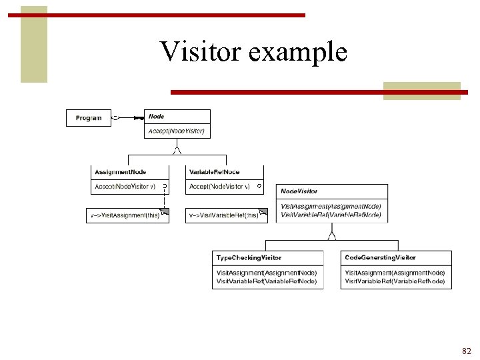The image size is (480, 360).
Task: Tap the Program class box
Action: point(89,118)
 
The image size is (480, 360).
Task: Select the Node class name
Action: point(157,117)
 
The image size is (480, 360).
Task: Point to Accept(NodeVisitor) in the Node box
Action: point(177,131)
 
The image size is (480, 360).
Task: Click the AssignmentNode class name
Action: point(121,172)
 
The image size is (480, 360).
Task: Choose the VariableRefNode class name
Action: point(215,172)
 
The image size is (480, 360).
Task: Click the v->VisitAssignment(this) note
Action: point(126,215)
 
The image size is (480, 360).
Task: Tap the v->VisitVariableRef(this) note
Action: point(224,215)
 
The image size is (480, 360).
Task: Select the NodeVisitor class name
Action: point(299,191)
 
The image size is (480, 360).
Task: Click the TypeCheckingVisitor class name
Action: point(249,257)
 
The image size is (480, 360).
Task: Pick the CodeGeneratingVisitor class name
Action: point(380,257)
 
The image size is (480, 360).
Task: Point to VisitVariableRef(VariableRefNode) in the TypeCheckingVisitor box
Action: point(267,281)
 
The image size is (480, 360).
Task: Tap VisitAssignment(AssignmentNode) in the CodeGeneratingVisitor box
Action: point(395,272)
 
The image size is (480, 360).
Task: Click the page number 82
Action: point(465,351)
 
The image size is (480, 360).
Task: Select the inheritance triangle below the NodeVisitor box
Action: point(332,235)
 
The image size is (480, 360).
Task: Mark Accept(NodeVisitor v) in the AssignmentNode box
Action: point(125,187)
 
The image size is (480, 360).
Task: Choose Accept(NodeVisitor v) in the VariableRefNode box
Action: point(220,187)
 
